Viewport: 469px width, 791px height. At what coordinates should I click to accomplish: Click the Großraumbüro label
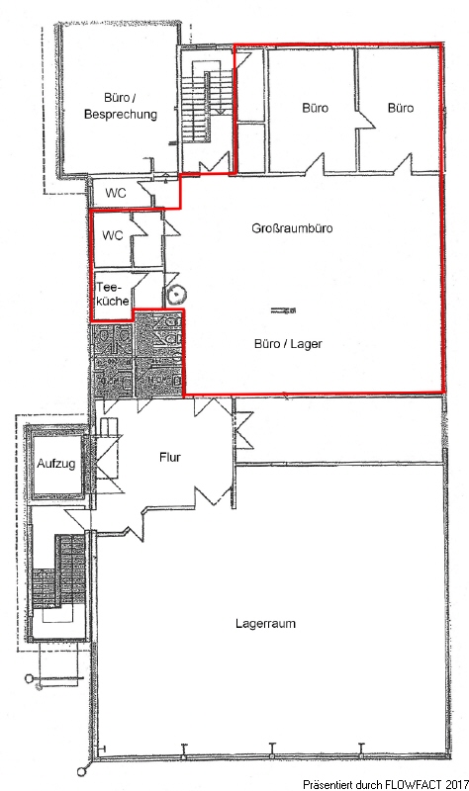tap(292, 228)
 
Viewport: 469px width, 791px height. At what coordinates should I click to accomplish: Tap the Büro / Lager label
tap(288, 344)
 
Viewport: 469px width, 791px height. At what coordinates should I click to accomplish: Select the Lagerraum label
tap(265, 624)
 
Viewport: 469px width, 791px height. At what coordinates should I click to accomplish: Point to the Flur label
tap(169, 458)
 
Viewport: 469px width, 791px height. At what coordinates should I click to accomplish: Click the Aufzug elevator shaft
tap(56, 463)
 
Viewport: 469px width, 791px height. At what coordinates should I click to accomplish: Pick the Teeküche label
tap(112, 294)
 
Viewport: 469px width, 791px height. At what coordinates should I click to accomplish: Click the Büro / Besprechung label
tap(120, 106)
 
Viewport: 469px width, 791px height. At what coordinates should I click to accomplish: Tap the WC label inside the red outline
tap(112, 235)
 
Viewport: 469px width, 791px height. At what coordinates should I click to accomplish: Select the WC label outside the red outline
tap(116, 193)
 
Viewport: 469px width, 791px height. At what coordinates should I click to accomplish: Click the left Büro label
tap(315, 108)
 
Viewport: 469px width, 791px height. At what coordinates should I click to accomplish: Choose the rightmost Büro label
tap(401, 108)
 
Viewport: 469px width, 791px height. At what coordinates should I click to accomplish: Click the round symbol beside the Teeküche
tap(177, 293)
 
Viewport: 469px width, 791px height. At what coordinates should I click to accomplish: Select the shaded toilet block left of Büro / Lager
tap(136, 355)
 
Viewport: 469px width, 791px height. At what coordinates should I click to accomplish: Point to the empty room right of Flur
tap(340, 430)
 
